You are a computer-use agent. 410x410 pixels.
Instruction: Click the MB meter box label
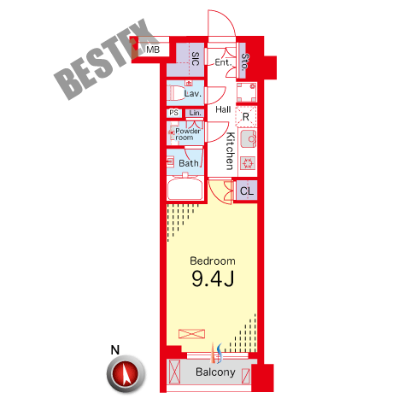pyautogui.click(x=153, y=50)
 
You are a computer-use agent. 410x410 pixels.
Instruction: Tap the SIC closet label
pyautogui.click(x=196, y=59)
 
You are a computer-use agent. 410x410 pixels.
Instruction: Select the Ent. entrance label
pyautogui.click(x=223, y=62)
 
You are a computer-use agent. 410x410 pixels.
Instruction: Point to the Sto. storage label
pyautogui.click(x=244, y=61)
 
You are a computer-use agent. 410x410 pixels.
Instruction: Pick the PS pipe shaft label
pyautogui.click(x=173, y=113)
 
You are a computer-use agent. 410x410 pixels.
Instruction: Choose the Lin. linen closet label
pyautogui.click(x=195, y=113)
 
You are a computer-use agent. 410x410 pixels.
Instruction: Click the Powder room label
pyautogui.click(x=188, y=134)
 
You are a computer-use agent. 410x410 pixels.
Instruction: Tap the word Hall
pyautogui.click(x=223, y=109)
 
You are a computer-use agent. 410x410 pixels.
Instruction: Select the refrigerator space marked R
pyautogui.click(x=246, y=116)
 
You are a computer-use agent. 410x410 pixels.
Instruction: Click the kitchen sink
pyautogui.click(x=249, y=138)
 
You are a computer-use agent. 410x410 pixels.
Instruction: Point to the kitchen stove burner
pyautogui.click(x=248, y=163)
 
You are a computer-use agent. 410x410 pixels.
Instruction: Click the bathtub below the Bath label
pyautogui.click(x=185, y=188)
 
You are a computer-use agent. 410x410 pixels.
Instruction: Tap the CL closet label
pyautogui.click(x=247, y=190)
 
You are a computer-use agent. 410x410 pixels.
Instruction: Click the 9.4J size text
pyautogui.click(x=213, y=278)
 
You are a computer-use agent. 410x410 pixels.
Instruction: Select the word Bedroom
pyautogui.click(x=213, y=261)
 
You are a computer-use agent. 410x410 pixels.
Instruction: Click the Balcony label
pyautogui.click(x=215, y=372)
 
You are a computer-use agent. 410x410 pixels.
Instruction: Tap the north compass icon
pyautogui.click(x=126, y=373)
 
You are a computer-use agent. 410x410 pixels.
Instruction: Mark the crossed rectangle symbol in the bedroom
pyautogui.click(x=191, y=334)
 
